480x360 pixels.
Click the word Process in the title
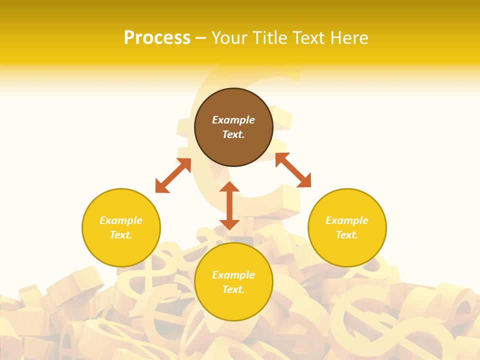(157, 38)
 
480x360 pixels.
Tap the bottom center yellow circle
(233, 305)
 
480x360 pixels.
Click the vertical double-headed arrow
(229, 205)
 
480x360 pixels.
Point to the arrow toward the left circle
(173, 175)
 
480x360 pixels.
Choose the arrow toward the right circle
(293, 170)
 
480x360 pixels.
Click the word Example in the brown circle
(233, 120)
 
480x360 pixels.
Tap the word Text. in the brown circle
(233, 134)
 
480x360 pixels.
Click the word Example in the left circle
(121, 220)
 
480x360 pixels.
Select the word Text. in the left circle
(121, 235)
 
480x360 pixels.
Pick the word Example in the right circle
(347, 220)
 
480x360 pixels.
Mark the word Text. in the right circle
(347, 235)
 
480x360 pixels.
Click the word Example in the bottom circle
(233, 275)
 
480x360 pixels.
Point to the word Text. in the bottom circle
(233, 289)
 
